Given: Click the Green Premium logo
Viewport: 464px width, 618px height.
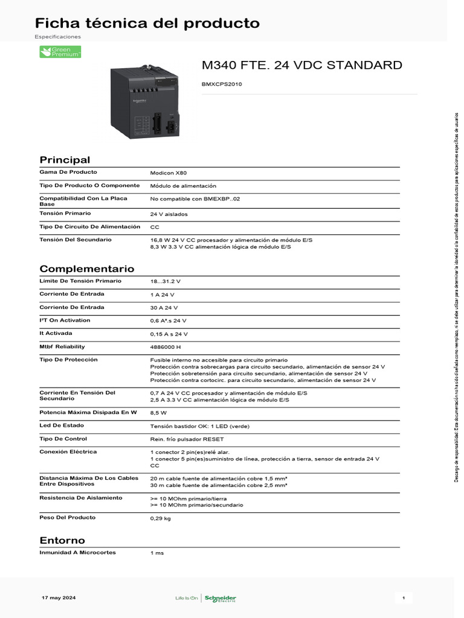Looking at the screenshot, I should [x=60, y=52].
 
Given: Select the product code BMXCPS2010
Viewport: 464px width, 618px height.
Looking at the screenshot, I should [x=222, y=84].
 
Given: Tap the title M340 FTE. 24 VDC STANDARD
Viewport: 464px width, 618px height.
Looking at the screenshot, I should [x=301, y=65].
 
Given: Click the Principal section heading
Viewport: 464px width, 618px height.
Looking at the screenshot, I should [x=65, y=160].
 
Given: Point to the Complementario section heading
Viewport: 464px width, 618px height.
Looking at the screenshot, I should [x=87, y=269].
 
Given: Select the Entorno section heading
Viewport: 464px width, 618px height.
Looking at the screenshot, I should [x=62, y=540].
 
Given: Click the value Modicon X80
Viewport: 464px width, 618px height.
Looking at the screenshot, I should [x=164, y=173].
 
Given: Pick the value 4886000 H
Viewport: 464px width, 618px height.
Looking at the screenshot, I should [x=166, y=347].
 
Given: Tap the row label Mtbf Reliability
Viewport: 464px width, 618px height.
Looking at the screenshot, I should [x=62, y=346].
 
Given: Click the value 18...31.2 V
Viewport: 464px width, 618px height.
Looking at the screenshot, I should [x=166, y=281].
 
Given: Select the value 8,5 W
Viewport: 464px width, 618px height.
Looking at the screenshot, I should [x=159, y=413].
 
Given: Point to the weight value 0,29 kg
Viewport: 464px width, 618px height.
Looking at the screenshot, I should [x=161, y=518].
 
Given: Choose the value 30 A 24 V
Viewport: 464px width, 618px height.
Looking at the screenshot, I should [x=163, y=308].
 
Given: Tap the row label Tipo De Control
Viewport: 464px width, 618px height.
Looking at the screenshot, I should [x=63, y=439].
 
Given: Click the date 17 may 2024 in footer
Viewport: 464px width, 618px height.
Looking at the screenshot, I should [x=59, y=597].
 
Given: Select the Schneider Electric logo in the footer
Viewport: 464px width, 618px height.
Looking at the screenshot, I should [x=221, y=598].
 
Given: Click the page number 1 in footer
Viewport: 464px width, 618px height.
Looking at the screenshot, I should [x=404, y=598].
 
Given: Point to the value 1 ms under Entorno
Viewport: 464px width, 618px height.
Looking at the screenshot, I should [x=157, y=553].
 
